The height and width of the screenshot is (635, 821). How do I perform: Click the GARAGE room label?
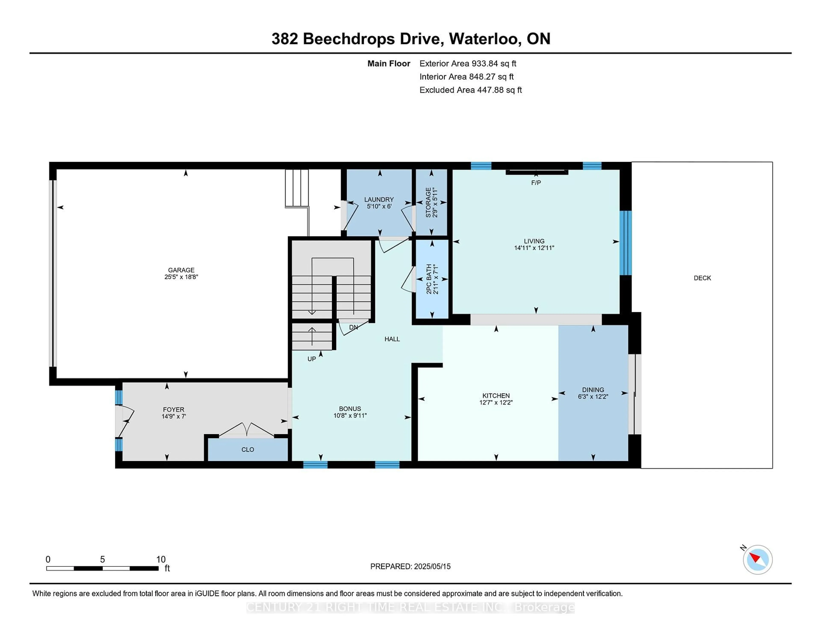(181, 270)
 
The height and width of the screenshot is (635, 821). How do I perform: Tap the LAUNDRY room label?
(379, 199)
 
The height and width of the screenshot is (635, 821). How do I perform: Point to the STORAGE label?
(428, 202)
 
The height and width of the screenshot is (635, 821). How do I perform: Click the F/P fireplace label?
(536, 183)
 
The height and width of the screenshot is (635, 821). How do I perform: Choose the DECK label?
(702, 278)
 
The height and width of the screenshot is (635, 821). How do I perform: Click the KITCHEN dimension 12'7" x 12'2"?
(496, 402)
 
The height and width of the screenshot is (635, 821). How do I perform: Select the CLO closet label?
(248, 450)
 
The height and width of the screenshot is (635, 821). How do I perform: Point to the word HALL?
(392, 339)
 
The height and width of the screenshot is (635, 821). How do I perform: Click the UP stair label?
(312, 359)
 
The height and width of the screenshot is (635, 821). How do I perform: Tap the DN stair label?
(353, 327)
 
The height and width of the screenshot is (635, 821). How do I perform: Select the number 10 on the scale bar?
(161, 559)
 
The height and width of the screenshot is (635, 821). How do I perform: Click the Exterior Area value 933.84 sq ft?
(494, 64)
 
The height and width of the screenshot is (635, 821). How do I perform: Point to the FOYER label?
(174, 410)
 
